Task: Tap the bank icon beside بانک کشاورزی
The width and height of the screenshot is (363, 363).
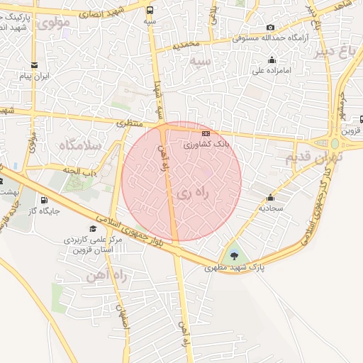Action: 206,133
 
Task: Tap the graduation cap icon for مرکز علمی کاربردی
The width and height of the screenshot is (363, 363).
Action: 92,230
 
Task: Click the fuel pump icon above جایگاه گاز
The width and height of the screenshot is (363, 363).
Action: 45,201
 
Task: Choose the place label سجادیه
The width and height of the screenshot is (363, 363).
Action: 270,208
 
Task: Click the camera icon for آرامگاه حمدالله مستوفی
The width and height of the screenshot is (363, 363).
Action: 270,28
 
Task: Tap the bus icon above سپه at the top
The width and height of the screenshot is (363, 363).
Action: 149,10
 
